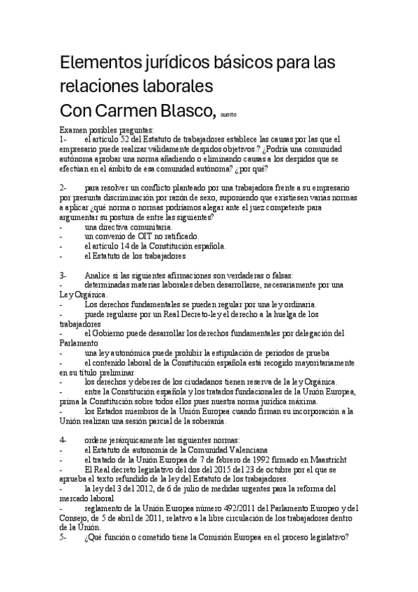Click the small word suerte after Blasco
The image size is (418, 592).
point(228,114)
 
